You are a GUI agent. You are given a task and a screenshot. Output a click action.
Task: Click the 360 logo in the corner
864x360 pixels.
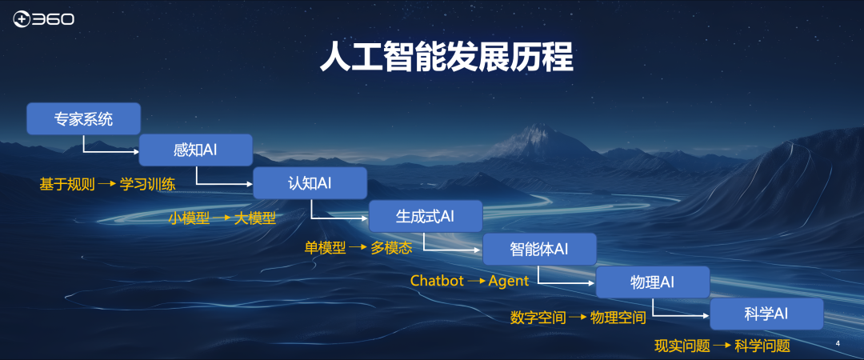pos(43,20)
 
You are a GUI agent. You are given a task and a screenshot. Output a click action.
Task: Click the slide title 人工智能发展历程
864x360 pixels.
pos(447,58)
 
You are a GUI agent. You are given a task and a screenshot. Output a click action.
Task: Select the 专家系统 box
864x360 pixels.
pos(83,118)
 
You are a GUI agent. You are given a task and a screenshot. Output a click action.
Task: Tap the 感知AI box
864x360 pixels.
pos(196,150)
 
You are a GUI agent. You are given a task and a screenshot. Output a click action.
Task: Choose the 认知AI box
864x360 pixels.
pos(310,183)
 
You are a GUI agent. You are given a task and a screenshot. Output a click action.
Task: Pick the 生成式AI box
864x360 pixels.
pos(426,216)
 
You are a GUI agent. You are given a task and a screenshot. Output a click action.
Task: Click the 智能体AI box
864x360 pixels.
pos(539,249)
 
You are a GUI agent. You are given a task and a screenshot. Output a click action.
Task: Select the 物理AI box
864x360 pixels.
pos(653,282)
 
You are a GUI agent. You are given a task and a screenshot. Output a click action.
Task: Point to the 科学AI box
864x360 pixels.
pos(766,314)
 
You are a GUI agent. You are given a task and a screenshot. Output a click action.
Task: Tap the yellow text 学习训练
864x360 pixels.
pos(148,184)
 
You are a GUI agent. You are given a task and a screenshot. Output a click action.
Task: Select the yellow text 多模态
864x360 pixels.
pos(391,248)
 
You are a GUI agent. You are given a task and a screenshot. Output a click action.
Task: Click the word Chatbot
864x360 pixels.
pos(437,281)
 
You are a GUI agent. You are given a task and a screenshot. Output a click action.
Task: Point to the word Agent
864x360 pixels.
pos(509,281)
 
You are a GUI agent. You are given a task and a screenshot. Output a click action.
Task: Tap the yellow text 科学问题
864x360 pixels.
pos(762,346)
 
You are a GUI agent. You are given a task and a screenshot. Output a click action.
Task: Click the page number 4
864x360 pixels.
pos(838,344)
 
